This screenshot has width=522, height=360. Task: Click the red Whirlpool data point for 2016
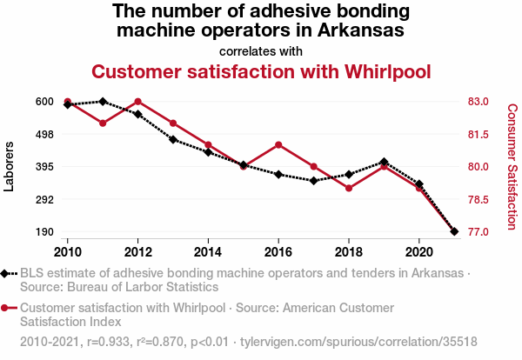278,144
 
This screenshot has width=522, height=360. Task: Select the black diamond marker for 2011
103,102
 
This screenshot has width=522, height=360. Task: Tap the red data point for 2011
103,123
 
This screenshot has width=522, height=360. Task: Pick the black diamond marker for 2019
384,162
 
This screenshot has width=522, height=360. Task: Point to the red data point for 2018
349,188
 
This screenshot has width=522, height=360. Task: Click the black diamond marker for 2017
313,181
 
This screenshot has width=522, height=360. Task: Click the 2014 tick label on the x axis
208,250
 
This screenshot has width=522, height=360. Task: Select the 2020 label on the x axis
419,250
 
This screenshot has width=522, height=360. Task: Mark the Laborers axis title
10,167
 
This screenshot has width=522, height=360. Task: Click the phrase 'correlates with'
261,50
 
